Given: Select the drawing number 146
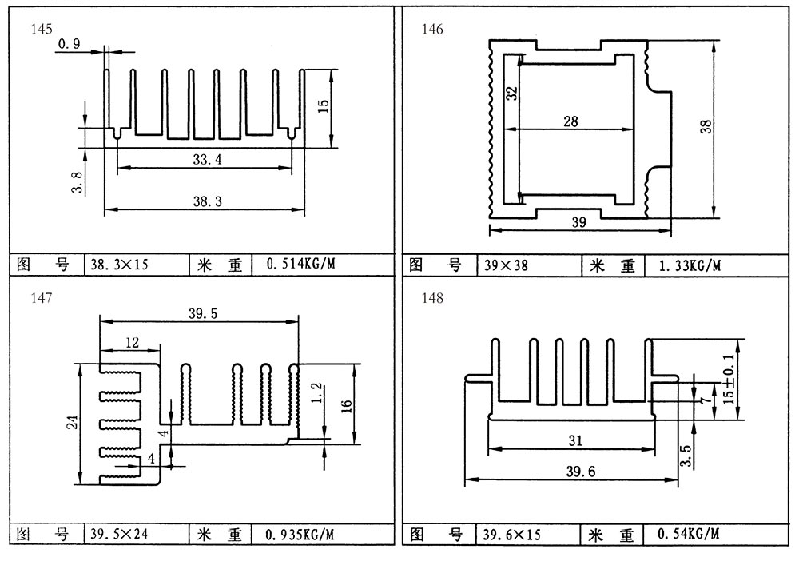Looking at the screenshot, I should click(x=432, y=30).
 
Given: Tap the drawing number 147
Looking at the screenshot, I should click(x=42, y=298).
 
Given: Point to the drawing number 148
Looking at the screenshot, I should click(x=432, y=299).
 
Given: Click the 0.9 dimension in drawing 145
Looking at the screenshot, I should click(x=69, y=45).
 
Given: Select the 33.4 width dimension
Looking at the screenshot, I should click(x=206, y=160).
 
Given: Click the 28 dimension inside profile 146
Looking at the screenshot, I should click(x=570, y=121).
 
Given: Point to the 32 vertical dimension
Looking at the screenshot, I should click(x=512, y=94).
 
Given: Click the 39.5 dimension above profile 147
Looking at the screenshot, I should click(x=203, y=314).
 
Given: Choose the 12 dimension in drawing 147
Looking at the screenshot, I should click(x=132, y=343).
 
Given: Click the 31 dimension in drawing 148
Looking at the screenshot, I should click(x=574, y=440).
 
